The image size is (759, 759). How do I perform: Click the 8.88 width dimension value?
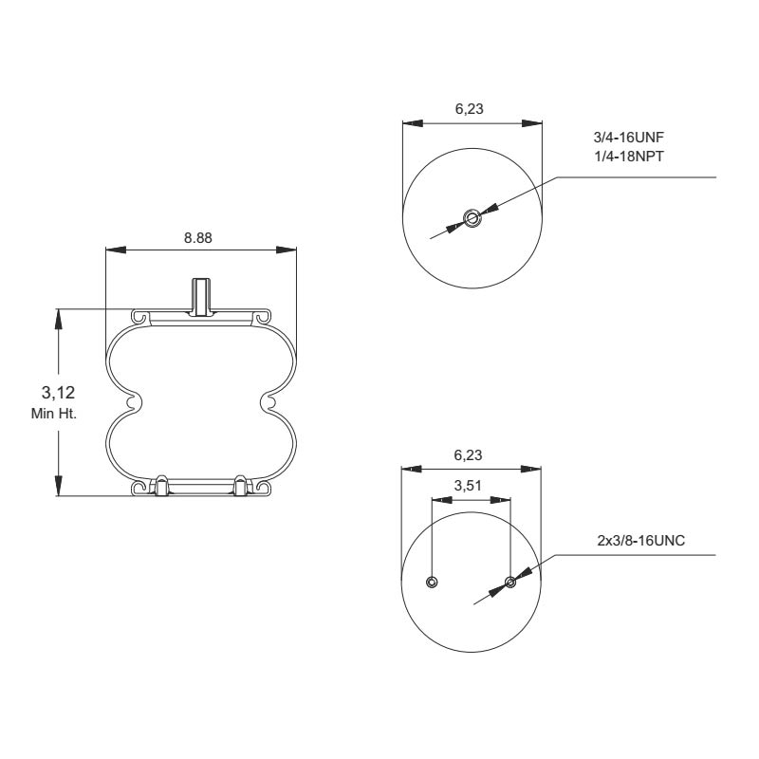(198, 238)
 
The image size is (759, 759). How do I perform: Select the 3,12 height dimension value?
(59, 392)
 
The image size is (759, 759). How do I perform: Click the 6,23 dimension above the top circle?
(470, 109)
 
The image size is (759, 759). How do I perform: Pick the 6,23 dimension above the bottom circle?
(470, 454)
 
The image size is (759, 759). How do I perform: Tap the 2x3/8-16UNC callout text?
(641, 540)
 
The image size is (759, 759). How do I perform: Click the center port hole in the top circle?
(472, 218)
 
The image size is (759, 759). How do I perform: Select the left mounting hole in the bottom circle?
(432, 582)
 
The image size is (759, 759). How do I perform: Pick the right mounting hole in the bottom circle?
(510, 582)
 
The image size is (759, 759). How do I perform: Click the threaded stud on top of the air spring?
(200, 295)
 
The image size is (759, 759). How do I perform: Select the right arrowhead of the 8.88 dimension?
(287, 250)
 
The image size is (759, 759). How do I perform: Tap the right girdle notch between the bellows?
(268, 403)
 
